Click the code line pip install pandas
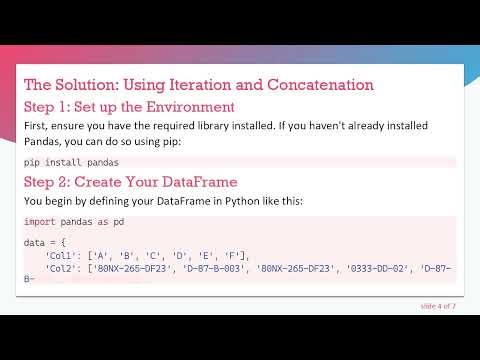[x=72, y=161]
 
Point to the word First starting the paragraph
[x=36, y=127]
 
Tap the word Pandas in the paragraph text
[x=45, y=142]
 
